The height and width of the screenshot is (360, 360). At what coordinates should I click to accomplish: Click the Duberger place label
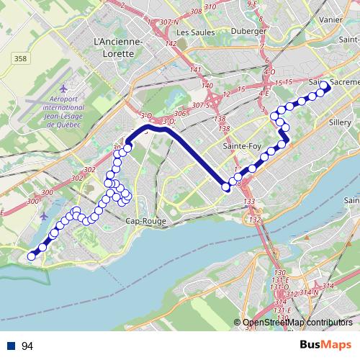coord(251,32)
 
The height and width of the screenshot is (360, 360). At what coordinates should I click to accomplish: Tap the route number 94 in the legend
coord(27,346)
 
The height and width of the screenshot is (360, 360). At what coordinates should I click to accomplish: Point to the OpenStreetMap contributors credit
coord(297,323)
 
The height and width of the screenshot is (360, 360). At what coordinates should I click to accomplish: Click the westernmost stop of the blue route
coord(31,256)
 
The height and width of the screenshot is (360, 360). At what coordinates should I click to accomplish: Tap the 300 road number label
coord(48,193)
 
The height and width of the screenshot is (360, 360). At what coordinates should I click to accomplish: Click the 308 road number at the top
coord(195,12)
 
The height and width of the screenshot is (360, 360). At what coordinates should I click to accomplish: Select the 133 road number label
coord(249,201)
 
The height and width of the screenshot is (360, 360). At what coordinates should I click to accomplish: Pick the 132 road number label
coord(254,218)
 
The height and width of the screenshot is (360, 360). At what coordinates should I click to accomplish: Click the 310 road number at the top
coord(230,7)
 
